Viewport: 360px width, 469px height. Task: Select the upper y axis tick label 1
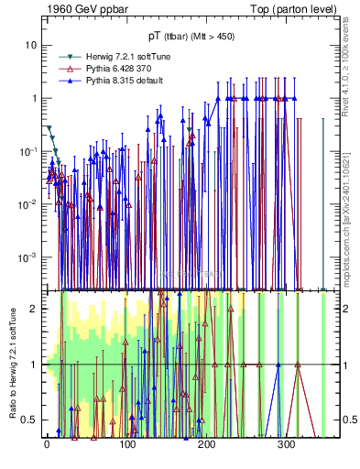pyautogui.click(x=34, y=99)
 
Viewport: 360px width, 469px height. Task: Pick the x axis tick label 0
pyautogui.click(x=47, y=447)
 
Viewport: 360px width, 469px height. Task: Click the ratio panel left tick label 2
pyautogui.click(x=34, y=309)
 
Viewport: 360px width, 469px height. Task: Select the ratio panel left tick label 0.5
pyautogui.click(x=29, y=420)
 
